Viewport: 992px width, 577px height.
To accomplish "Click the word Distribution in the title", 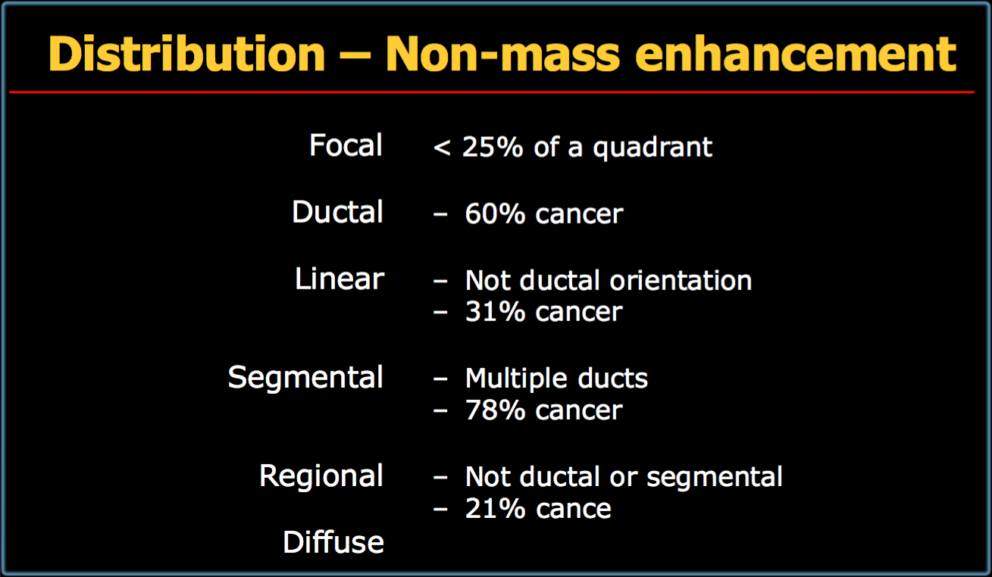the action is pyautogui.click(x=187, y=54).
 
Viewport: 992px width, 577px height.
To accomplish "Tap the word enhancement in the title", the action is pyautogui.click(x=796, y=54).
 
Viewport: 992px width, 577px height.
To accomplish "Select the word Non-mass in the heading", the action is pyautogui.click(x=502, y=54).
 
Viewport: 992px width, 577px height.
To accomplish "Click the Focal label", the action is pyautogui.click(x=346, y=145).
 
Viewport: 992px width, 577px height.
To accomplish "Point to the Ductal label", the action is pyautogui.click(x=337, y=211).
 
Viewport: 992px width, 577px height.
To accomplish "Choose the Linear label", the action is pyautogui.click(x=340, y=279).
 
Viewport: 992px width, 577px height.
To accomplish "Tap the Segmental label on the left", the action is pyautogui.click(x=305, y=377).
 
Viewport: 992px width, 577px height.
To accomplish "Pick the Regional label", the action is pyautogui.click(x=321, y=476).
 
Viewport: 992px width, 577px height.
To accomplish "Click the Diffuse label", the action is pyautogui.click(x=333, y=542).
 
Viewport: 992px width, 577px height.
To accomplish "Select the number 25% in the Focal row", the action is pyautogui.click(x=493, y=146).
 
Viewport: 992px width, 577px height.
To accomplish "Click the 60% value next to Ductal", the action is pyautogui.click(x=495, y=214).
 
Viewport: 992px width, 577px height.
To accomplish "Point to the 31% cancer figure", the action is pyautogui.click(x=544, y=311).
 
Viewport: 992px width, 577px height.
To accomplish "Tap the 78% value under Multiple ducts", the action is pyautogui.click(x=495, y=410).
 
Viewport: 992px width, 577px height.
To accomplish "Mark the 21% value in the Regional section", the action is pyautogui.click(x=495, y=508).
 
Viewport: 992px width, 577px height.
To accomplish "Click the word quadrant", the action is pyautogui.click(x=652, y=148).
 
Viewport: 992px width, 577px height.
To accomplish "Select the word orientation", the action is pyautogui.click(x=681, y=280).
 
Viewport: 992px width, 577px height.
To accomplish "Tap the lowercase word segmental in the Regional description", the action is pyautogui.click(x=715, y=478).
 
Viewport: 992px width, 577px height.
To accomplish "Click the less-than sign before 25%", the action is pyautogui.click(x=442, y=148).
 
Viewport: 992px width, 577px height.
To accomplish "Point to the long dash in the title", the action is pyautogui.click(x=356, y=56).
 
